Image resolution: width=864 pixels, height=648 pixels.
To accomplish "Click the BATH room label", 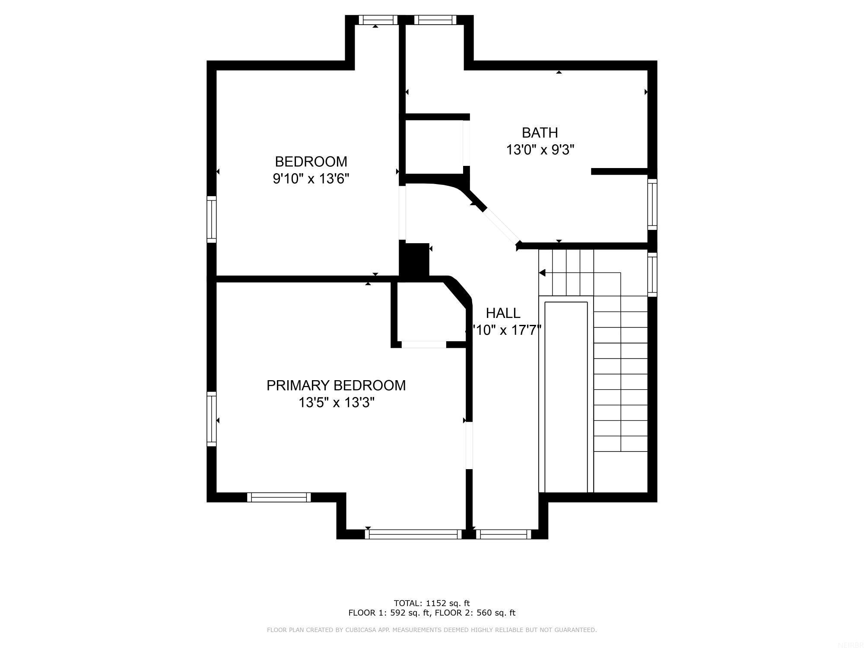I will click(x=540, y=133).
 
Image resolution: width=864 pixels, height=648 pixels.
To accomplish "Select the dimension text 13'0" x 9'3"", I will click(x=540, y=150).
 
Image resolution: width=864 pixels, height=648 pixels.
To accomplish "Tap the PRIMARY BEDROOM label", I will click(x=336, y=385).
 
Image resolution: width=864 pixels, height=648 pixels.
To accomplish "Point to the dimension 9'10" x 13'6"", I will click(x=311, y=178).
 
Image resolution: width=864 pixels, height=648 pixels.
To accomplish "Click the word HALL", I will click(x=503, y=313).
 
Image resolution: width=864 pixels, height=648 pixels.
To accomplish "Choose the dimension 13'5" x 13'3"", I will click(x=336, y=403).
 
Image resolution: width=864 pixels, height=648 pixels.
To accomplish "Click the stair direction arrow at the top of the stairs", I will click(x=542, y=273).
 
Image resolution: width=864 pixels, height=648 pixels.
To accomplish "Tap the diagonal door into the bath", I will click(x=501, y=226).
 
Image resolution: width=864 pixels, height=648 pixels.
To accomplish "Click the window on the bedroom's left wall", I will click(x=211, y=219).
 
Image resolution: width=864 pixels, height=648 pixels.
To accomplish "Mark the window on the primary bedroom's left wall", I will click(x=211, y=419).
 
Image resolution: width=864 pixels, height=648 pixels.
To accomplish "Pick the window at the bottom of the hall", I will click(x=503, y=534).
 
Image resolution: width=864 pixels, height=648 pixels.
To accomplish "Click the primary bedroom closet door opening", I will click(x=423, y=344).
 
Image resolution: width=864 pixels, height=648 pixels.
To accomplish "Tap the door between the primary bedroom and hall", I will click(x=469, y=445).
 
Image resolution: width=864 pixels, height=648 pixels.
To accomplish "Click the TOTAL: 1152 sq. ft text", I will click(x=432, y=603).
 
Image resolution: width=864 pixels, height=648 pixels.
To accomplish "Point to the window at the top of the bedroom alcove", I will click(x=378, y=20).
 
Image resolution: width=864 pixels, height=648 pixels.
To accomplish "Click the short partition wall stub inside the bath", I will click(x=619, y=172).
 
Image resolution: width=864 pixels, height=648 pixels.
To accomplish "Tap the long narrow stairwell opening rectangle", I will click(x=566, y=397).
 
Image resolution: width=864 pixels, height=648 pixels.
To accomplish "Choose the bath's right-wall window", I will click(x=652, y=204).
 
